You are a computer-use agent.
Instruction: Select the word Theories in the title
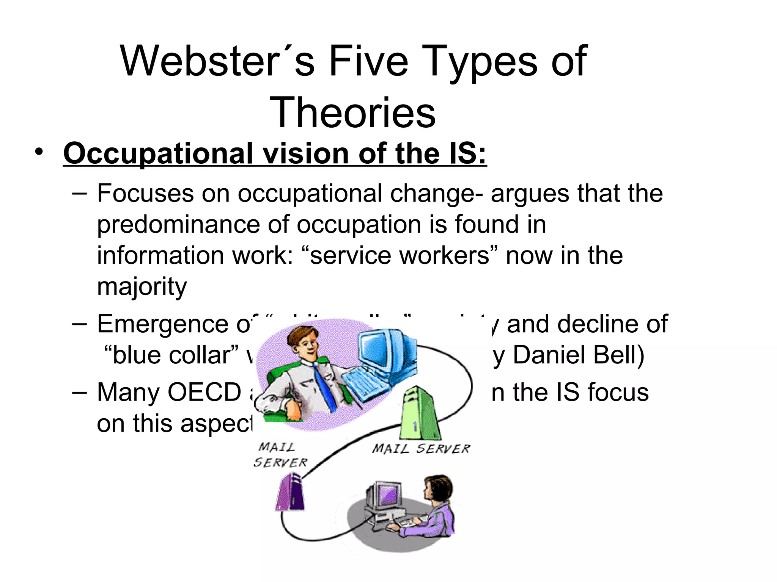[x=352, y=113]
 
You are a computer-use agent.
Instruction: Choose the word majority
[x=142, y=286]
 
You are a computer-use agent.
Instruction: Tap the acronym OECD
[x=204, y=392]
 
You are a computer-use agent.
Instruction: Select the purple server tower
[x=291, y=493]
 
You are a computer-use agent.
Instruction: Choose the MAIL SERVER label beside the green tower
[x=421, y=449]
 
